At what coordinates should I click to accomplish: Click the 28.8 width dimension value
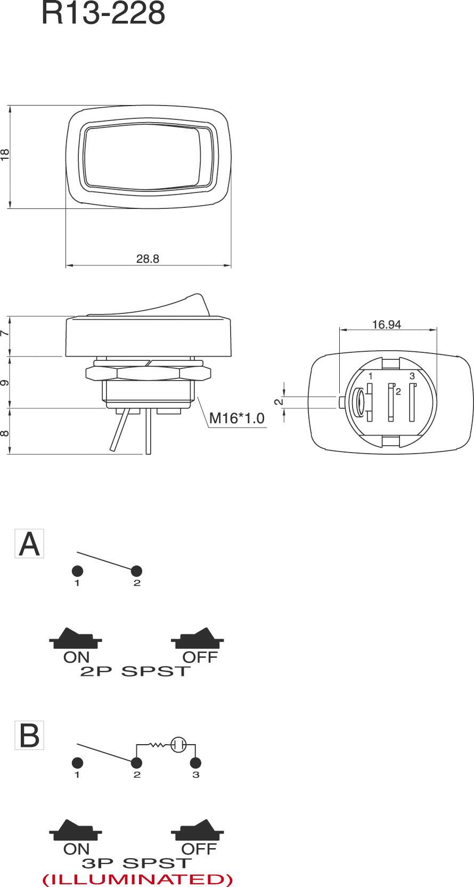148,259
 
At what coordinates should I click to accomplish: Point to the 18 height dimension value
5,155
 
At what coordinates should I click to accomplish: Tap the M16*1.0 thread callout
236,418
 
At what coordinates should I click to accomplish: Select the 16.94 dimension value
386,324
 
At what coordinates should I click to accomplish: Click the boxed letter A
29,544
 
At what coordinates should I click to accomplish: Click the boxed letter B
29,736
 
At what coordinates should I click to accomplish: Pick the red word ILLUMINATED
137,879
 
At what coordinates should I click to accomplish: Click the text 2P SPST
135,671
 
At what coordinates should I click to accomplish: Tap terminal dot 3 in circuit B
196,762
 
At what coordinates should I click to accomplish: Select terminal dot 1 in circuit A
77,571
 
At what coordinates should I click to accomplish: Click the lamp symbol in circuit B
178,744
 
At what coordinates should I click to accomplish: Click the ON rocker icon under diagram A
76,638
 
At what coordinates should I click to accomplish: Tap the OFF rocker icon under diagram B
198,830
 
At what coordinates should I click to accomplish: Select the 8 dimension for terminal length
5,433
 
